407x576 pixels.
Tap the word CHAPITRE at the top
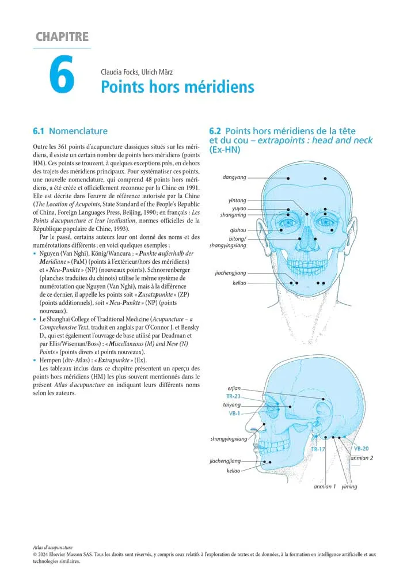62,37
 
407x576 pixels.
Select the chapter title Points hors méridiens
177,87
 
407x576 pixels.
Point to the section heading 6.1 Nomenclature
70,131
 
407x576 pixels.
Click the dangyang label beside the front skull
234,177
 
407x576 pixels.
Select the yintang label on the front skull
237,200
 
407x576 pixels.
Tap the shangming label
233,215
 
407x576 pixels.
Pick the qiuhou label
238,230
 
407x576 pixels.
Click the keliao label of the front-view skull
239,283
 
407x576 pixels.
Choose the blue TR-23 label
233,397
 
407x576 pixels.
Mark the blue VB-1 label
234,414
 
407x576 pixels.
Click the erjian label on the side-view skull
234,388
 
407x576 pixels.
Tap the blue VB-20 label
362,449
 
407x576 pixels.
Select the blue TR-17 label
318,449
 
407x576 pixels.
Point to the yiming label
349,487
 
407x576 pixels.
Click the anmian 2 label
362,458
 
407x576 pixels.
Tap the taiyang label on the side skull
231,405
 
